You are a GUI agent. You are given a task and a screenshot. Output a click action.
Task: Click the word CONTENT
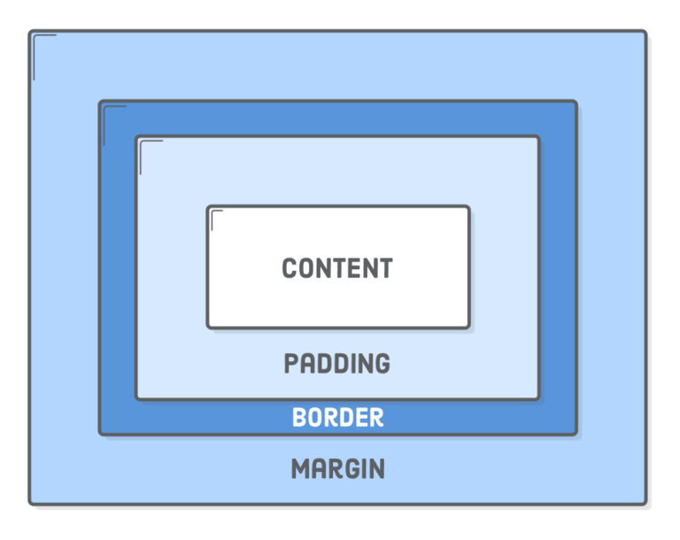point(337,268)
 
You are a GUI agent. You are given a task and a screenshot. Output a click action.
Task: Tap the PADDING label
point(337,364)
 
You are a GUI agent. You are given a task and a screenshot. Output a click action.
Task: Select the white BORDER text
point(338,417)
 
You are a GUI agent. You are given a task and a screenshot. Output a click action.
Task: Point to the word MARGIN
point(338,469)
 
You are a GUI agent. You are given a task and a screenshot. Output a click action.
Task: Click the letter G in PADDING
point(382,364)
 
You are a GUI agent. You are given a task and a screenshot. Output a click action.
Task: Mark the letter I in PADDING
point(353,364)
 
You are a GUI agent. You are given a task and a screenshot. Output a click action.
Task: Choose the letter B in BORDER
point(299,417)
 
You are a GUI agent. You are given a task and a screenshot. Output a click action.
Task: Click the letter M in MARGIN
point(300,469)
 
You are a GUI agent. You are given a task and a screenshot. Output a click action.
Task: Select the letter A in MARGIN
point(319,469)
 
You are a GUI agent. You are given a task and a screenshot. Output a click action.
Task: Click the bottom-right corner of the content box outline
point(468,327)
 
